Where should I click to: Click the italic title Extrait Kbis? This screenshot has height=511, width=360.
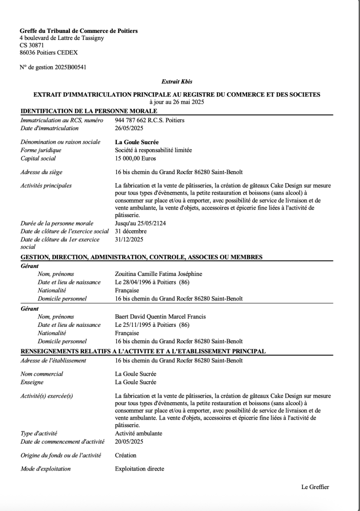pyautogui.click(x=177, y=81)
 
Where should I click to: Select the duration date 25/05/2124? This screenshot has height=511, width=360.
pyautogui.click(x=146, y=224)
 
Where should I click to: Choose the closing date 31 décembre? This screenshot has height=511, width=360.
pyautogui.click(x=131, y=232)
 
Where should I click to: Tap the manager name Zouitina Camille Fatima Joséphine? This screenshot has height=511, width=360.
pyautogui.click(x=158, y=274)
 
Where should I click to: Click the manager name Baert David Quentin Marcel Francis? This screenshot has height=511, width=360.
pyautogui.click(x=160, y=317)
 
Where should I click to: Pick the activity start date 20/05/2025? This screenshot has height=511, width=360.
pyautogui.click(x=129, y=442)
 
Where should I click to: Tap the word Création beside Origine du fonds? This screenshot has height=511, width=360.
pyautogui.click(x=126, y=455)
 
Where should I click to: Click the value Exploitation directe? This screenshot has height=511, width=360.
pyautogui.click(x=139, y=469)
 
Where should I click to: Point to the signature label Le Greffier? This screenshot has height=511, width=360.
pyautogui.click(x=315, y=487)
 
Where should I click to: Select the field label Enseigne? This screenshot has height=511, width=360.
pyautogui.click(x=31, y=382)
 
